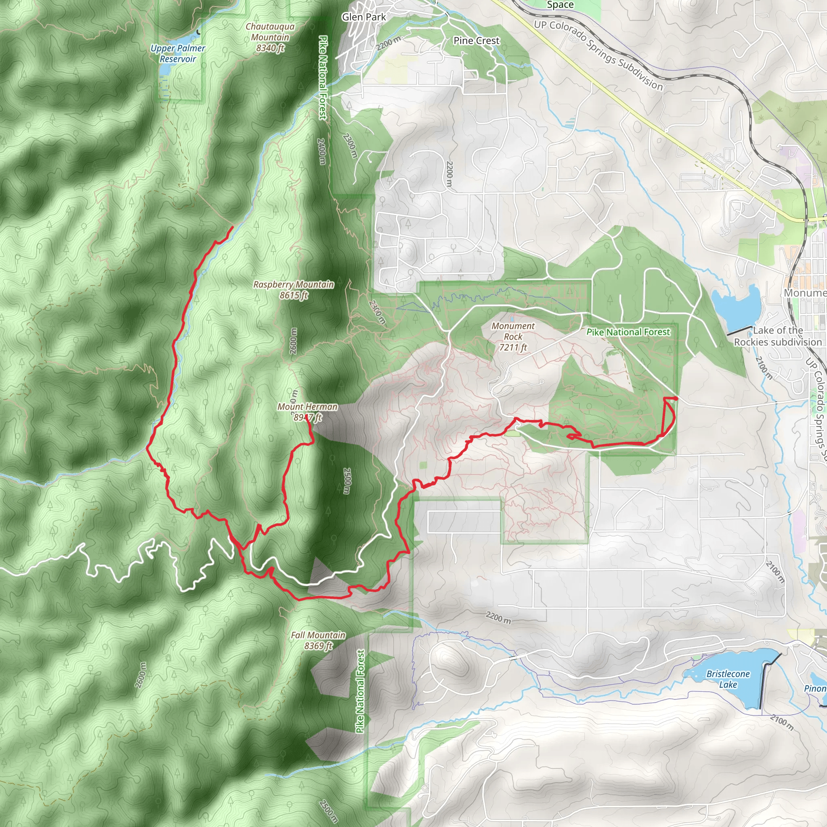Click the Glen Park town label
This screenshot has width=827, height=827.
point(363,17)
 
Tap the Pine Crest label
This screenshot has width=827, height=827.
point(476,41)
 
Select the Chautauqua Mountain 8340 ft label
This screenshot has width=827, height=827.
point(270,37)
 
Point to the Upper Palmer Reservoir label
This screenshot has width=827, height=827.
point(178,54)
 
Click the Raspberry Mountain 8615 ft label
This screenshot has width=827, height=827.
point(293,290)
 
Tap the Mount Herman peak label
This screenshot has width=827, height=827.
point(307,412)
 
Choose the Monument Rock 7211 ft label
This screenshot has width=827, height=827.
point(513,336)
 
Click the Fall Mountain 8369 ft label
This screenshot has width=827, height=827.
point(318,640)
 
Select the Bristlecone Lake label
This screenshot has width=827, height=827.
point(728,679)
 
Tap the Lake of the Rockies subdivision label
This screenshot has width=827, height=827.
point(778,336)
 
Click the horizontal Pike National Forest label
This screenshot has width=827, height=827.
point(628,332)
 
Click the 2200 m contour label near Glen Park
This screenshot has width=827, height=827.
point(389,43)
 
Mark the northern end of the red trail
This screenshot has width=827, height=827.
point(233,227)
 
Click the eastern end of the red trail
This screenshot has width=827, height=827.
point(677,399)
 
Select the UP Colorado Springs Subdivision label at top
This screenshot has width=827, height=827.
point(598,55)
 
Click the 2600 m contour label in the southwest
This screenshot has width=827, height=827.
point(141,675)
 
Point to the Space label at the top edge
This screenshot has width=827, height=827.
point(560,5)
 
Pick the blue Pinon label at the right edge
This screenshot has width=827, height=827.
point(815,688)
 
